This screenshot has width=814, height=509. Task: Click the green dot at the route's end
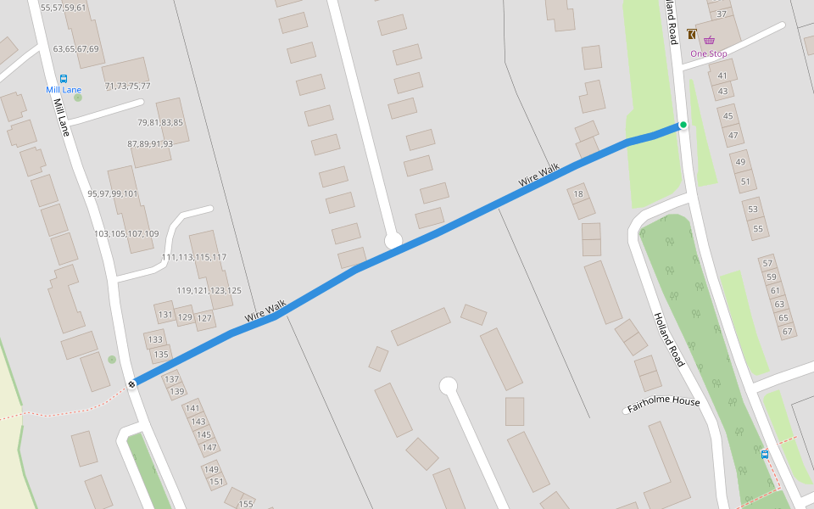tap(683, 125)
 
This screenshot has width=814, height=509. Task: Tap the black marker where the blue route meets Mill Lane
tap(132, 384)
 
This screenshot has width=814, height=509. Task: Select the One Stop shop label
tap(708, 54)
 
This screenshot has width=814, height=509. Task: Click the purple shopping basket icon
tap(709, 39)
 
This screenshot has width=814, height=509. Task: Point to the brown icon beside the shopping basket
tap(692, 35)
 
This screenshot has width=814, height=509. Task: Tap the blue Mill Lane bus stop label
tap(64, 90)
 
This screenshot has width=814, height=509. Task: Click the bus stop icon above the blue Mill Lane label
tap(64, 78)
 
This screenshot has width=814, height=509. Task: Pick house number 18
tap(579, 194)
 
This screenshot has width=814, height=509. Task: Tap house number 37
tap(722, 14)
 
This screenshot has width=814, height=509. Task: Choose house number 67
tap(786, 331)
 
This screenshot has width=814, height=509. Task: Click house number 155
tap(245, 504)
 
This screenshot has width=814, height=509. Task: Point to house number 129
tap(184, 317)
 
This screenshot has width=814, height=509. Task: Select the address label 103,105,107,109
tap(126, 234)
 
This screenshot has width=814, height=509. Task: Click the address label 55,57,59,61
tap(63, 8)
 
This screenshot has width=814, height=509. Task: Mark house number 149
tap(211, 469)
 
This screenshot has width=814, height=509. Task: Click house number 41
tap(722, 76)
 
